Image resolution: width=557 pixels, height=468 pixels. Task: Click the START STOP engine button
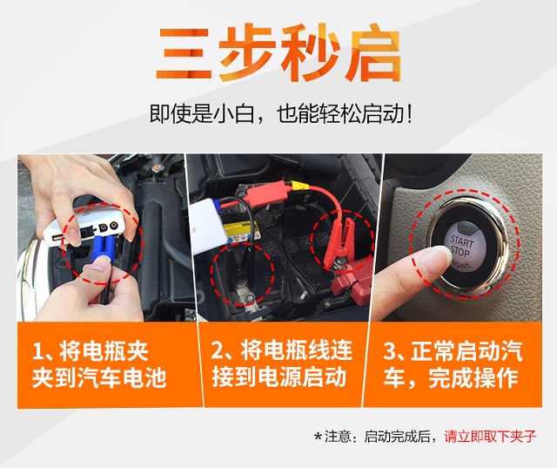coord(462,248)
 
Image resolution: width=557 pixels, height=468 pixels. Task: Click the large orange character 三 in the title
coord(184,53)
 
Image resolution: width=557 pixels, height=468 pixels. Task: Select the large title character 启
coord(372,52)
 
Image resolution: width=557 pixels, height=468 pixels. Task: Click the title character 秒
coord(310,52)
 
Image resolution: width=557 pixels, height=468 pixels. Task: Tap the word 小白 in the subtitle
coord(233,113)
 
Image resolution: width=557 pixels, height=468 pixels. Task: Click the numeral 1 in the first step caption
coord(37,351)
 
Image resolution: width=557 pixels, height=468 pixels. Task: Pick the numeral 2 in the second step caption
coord(217,350)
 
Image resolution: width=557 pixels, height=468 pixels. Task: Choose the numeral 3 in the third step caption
coord(390,350)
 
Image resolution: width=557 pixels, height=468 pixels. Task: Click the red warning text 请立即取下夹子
coord(490,436)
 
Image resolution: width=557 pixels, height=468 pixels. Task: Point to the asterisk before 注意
coord(318,436)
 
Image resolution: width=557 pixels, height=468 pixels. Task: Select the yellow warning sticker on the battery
coord(242,231)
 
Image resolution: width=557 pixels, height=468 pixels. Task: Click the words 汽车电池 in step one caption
coord(122,377)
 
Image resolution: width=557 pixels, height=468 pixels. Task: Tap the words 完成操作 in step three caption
coord(473,377)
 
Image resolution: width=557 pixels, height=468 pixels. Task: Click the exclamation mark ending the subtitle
coord(410,114)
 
